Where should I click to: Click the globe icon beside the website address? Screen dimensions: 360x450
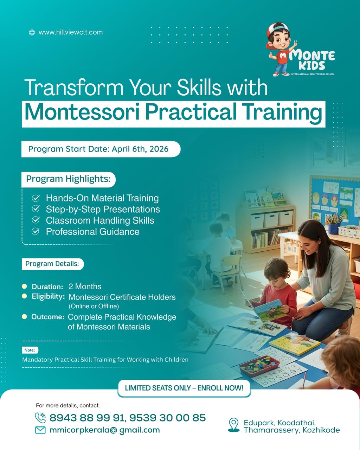point(32,32)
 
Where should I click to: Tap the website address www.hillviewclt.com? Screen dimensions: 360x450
point(71,32)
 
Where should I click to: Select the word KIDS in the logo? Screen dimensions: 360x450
point(312,66)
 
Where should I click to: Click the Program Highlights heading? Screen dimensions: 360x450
point(68,179)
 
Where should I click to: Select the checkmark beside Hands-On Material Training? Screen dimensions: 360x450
point(36,198)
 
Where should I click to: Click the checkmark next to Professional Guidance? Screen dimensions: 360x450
point(36,231)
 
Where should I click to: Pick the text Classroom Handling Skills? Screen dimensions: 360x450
point(100,220)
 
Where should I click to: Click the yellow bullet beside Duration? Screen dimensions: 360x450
point(24,286)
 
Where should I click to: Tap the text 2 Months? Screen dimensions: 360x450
point(85,287)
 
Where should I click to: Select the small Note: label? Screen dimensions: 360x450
point(30,350)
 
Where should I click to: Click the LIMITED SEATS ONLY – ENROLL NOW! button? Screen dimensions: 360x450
point(184,388)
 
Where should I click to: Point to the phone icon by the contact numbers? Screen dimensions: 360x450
point(40,418)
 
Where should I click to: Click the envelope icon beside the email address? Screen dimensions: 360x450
point(40,430)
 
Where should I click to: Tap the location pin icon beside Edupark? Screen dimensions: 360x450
point(234,425)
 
